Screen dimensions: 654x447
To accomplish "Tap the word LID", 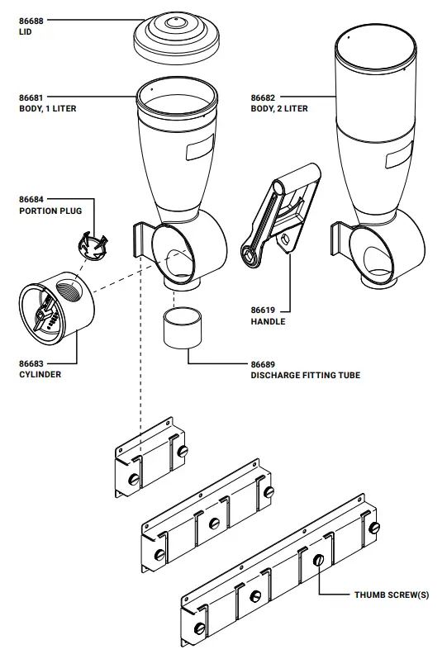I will pyautogui.click(x=25, y=32).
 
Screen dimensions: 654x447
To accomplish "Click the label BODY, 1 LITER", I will pyautogui.click(x=48, y=108).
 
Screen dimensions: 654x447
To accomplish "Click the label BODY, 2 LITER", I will pyautogui.click(x=280, y=108).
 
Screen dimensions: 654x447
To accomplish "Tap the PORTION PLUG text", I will pyautogui.click(x=50, y=211).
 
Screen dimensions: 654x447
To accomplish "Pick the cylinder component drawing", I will pyautogui.click(x=58, y=307).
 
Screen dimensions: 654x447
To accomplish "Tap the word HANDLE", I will pyautogui.click(x=268, y=321).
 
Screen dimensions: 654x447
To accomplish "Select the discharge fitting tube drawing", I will pyautogui.click(x=182, y=329).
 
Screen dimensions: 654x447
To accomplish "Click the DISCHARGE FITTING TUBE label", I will pyautogui.click(x=305, y=375).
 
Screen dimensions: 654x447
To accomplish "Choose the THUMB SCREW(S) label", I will pyautogui.click(x=392, y=594).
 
